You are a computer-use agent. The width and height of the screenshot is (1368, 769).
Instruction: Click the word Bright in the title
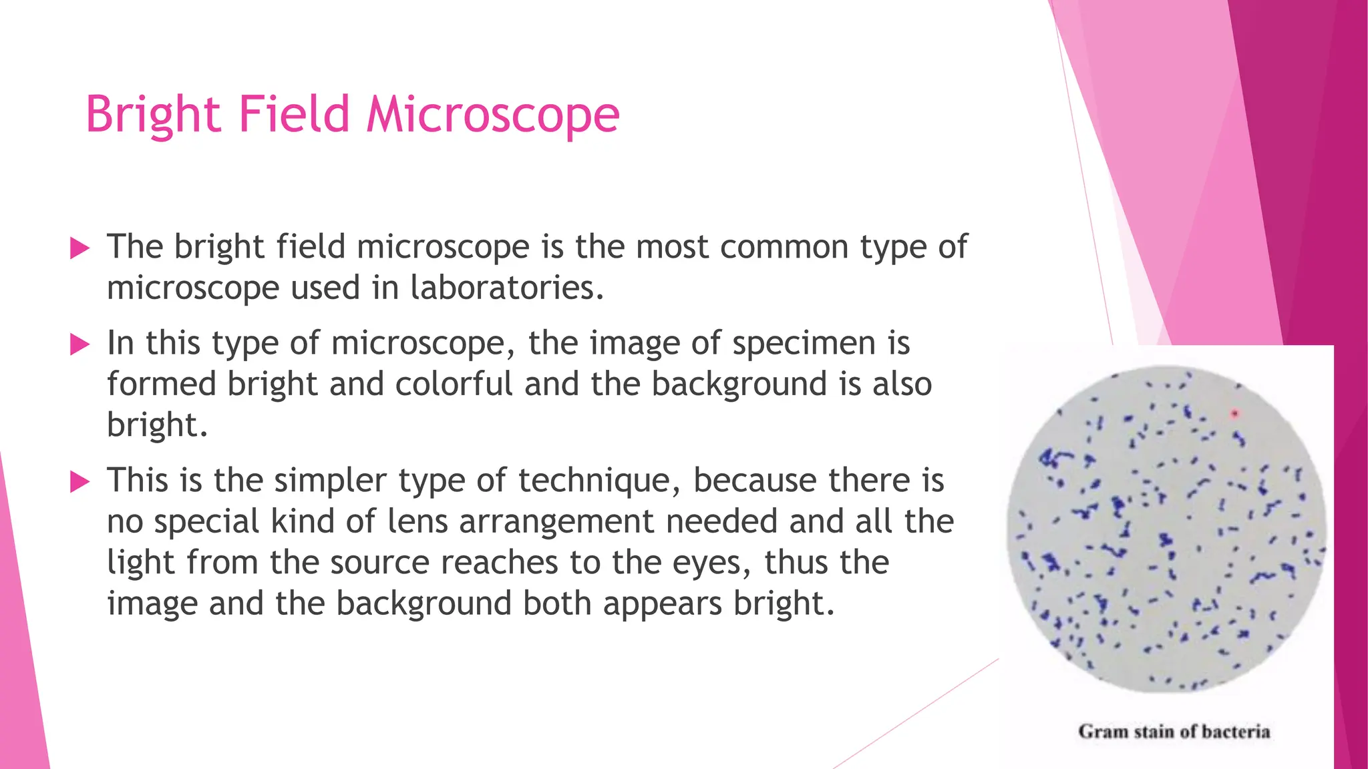[153, 115]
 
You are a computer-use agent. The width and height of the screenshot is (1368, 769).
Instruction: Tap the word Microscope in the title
[493, 115]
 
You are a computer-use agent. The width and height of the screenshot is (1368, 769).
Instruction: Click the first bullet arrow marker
[79, 249]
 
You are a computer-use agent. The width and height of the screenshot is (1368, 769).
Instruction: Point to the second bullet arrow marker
[79, 345]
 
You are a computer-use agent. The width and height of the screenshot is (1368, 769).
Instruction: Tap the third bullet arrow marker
[79, 482]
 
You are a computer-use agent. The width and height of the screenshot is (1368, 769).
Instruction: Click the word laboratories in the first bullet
[506, 288]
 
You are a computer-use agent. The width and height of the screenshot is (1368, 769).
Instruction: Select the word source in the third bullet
[379, 563]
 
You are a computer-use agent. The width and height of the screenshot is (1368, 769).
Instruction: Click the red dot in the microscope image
[1234, 414]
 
